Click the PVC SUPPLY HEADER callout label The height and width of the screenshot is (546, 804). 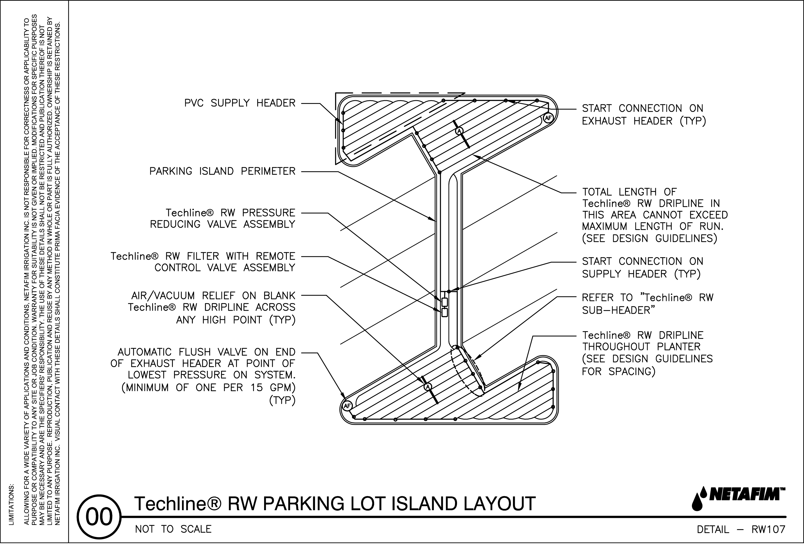[x=240, y=103]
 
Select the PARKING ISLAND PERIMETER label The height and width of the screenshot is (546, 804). [x=222, y=171]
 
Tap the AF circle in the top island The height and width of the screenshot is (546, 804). [x=548, y=118]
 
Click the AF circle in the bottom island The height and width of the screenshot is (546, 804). [x=347, y=406]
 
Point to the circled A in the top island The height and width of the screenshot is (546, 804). [x=459, y=131]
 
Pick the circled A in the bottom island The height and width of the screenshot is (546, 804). [x=428, y=386]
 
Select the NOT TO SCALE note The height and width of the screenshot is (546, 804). [x=173, y=529]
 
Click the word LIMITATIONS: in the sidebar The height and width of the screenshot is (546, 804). [x=12, y=505]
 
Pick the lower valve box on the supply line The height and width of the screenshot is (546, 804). [x=445, y=313]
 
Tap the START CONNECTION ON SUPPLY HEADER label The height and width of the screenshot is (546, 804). [x=642, y=268]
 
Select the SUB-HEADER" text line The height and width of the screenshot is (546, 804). [x=619, y=310]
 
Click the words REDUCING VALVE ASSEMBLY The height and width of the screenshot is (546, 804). [x=222, y=224]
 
